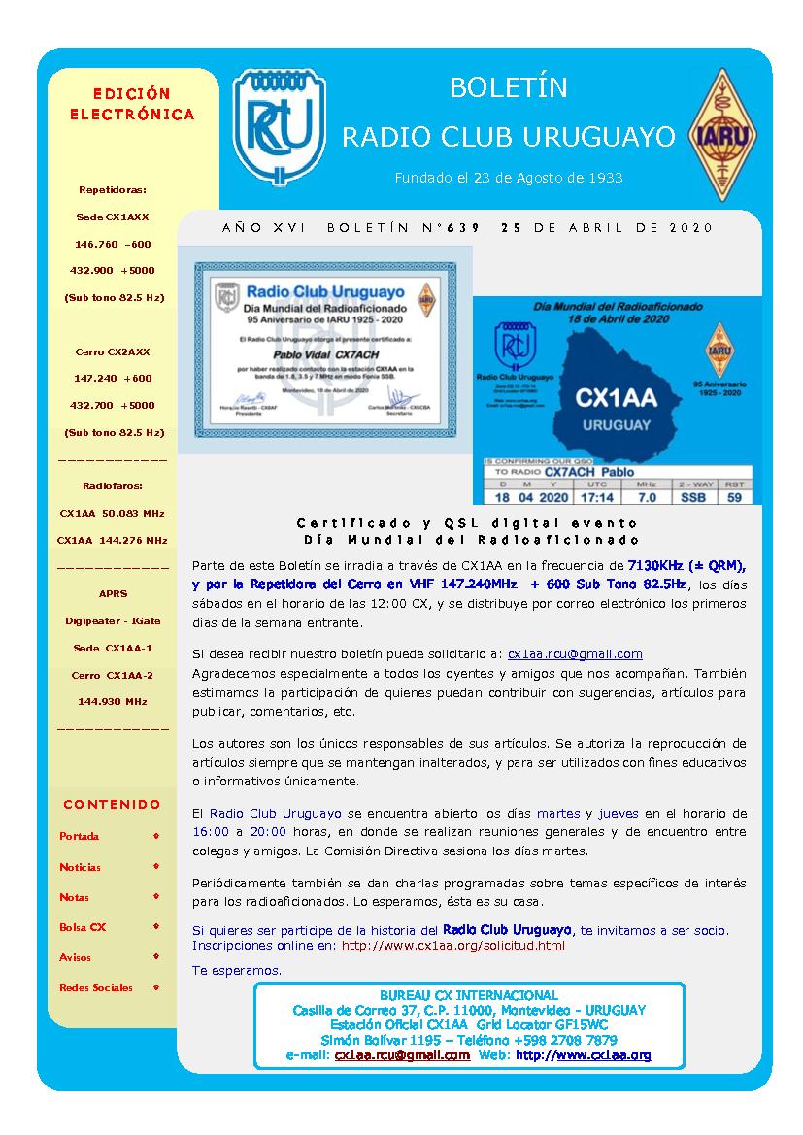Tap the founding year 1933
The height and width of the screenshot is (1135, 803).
[x=604, y=178]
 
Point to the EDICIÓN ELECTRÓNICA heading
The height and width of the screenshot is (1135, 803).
[x=131, y=104]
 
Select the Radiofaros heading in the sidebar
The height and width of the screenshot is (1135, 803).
[x=112, y=484]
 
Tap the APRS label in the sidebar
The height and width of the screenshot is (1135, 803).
[x=113, y=593]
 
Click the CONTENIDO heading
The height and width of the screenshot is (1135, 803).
[x=112, y=804]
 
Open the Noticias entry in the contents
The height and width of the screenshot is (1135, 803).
[x=80, y=867]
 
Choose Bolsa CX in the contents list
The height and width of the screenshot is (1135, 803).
[x=83, y=927]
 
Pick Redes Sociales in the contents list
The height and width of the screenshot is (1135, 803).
[x=95, y=987]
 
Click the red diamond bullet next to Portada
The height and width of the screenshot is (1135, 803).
[x=155, y=835]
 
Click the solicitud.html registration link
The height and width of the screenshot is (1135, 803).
[x=453, y=945]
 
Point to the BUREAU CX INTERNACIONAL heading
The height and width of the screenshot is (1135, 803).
[x=469, y=995]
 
